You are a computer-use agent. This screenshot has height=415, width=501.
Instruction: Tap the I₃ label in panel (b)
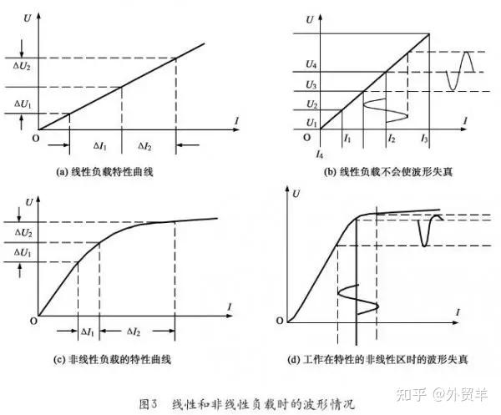pyautogui.click(x=425, y=138)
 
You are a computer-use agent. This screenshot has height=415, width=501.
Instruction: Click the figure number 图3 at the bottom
pyautogui.click(x=149, y=402)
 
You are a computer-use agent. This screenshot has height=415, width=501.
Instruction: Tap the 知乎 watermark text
pyautogui.click(x=415, y=389)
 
